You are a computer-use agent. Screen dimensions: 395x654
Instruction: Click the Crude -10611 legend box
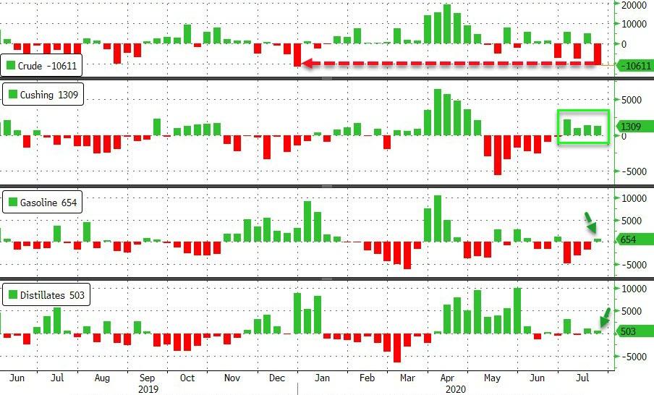pos(42,66)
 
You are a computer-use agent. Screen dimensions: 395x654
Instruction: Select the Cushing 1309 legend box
pos(42,94)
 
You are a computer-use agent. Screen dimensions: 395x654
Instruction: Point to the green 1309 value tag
pos(632,127)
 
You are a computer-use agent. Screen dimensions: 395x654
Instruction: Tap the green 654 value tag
pos(629,239)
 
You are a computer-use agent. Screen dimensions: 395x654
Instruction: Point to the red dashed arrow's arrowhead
pos(305,64)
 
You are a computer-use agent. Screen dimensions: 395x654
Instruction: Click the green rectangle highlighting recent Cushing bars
pos(583,127)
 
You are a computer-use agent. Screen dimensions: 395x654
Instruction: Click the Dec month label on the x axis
pos(277,377)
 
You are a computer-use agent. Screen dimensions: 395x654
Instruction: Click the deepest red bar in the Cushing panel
pos(498,155)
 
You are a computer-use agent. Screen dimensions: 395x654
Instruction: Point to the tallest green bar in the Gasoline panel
pos(437,218)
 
